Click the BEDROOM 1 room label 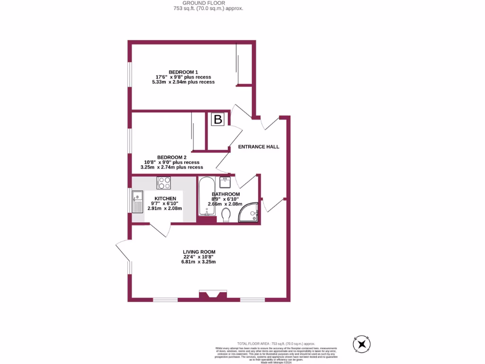(x=183, y=72)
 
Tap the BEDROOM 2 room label (x=172, y=157)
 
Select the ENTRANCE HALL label (x=258, y=147)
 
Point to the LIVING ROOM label (x=199, y=252)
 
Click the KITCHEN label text (x=165, y=199)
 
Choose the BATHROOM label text (x=225, y=194)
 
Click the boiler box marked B (x=218, y=119)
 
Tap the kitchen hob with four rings (x=164, y=182)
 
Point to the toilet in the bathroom (x=226, y=216)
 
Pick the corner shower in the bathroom (x=249, y=213)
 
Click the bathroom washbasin (x=226, y=181)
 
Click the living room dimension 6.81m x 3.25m (x=198, y=262)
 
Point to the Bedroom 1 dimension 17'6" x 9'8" (x=183, y=77)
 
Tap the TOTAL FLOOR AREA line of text (x=276, y=343)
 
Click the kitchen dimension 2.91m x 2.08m (x=165, y=209)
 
